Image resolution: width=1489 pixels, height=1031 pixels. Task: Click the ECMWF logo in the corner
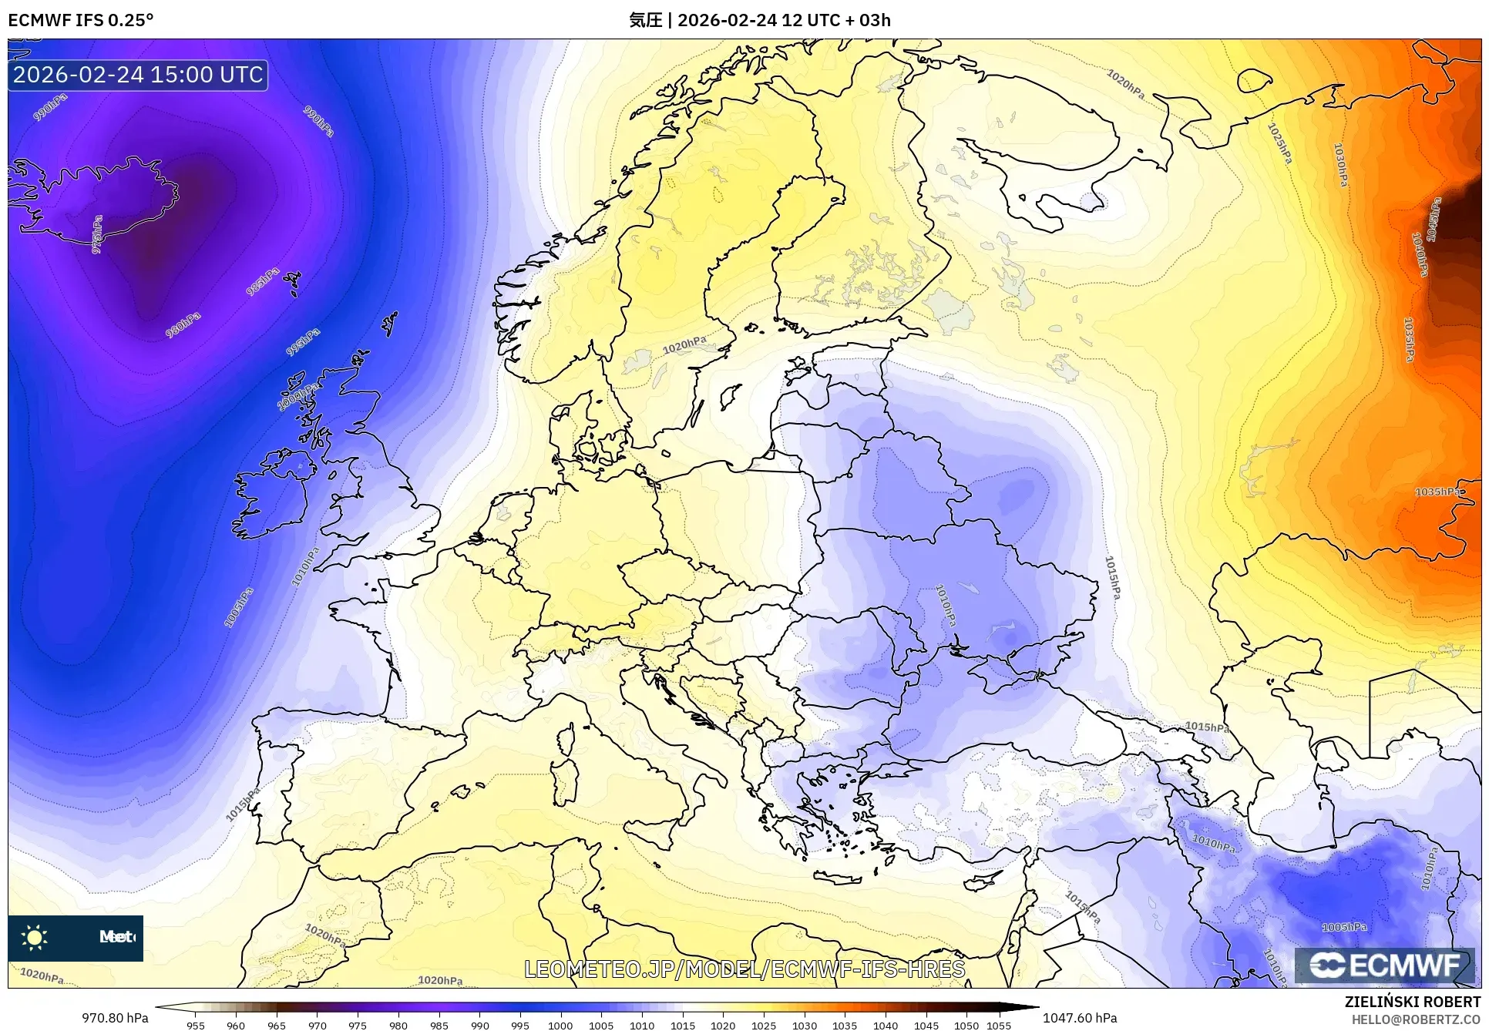pos(1384,966)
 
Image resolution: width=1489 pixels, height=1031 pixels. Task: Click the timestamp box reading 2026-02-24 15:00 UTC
pos(138,75)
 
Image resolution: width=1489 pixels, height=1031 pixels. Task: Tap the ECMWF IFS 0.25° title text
pos(81,20)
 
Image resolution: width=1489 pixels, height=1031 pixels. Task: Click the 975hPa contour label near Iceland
pos(97,235)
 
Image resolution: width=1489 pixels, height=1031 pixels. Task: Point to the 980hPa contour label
pos(183,325)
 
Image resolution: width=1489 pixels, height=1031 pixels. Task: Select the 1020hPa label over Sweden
pos(684,344)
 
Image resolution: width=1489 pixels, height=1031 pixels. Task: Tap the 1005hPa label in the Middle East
pos(1344,927)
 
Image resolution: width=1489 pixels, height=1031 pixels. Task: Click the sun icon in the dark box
pos(35,937)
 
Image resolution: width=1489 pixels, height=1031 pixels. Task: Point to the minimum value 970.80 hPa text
pos(115,1018)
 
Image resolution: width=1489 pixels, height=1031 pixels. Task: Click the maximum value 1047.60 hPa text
pos(1079,1018)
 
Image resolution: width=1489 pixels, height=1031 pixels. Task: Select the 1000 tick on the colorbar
pos(560,1025)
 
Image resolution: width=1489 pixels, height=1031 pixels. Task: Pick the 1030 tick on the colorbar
pos(804,1025)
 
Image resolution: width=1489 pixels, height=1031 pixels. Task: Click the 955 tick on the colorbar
pos(196,1025)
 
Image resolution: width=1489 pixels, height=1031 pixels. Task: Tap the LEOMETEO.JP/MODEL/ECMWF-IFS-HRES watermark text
pos(744,969)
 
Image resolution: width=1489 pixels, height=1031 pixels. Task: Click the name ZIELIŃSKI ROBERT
pos(1412,1002)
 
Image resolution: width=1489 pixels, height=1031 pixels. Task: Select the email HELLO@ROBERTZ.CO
pos(1415,1019)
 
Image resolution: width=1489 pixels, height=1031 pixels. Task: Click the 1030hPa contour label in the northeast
pos(1341,165)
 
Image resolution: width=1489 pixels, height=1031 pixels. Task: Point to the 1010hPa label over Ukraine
pos(946,605)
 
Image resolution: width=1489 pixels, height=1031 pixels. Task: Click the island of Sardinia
pos(566,778)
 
